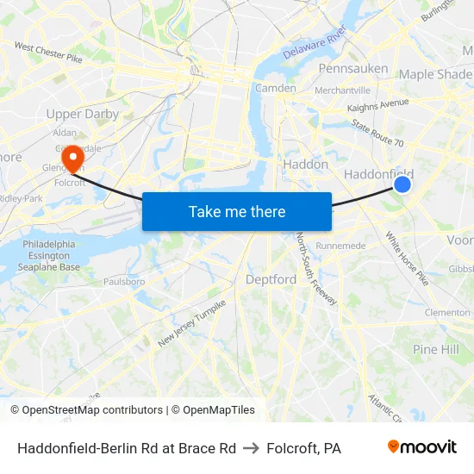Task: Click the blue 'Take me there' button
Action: tap(237, 211)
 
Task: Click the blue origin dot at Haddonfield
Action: tap(402, 184)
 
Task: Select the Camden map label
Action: tap(276, 88)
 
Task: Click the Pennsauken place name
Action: tap(353, 68)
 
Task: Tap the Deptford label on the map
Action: tap(271, 279)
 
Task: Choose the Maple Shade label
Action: tap(434, 74)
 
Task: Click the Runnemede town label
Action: tap(341, 246)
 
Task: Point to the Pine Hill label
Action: tap(435, 349)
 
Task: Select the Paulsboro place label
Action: tap(123, 281)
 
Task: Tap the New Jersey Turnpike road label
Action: tap(191, 324)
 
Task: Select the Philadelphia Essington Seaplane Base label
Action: tap(52, 256)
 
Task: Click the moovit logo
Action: tap(421, 447)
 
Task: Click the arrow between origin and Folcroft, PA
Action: tap(252, 448)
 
